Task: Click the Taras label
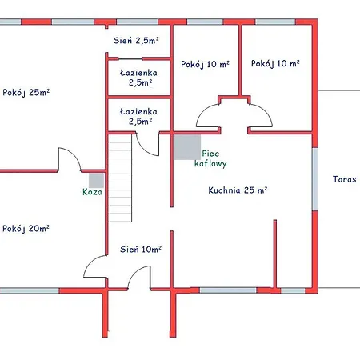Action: coord(344,179)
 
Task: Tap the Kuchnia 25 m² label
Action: coord(238,190)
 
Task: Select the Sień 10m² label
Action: coord(141,249)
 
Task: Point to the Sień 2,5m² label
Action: coord(136,41)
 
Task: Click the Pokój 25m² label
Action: coord(26,93)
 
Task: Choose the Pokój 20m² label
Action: coord(26,229)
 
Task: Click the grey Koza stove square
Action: coord(96,181)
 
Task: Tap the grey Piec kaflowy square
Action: coord(187,147)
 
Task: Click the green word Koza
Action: coord(92,192)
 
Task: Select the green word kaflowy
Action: coord(210,163)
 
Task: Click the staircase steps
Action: coord(120,178)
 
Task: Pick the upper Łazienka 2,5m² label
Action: coord(139,78)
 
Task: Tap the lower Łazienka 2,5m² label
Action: coord(139,116)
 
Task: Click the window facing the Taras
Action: coord(315,178)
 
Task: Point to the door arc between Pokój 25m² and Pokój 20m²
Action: coord(74,154)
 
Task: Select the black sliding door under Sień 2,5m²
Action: coord(130,58)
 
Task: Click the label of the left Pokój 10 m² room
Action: coord(205,64)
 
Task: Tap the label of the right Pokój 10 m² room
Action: coord(275,63)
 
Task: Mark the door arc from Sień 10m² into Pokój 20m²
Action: coord(90,262)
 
